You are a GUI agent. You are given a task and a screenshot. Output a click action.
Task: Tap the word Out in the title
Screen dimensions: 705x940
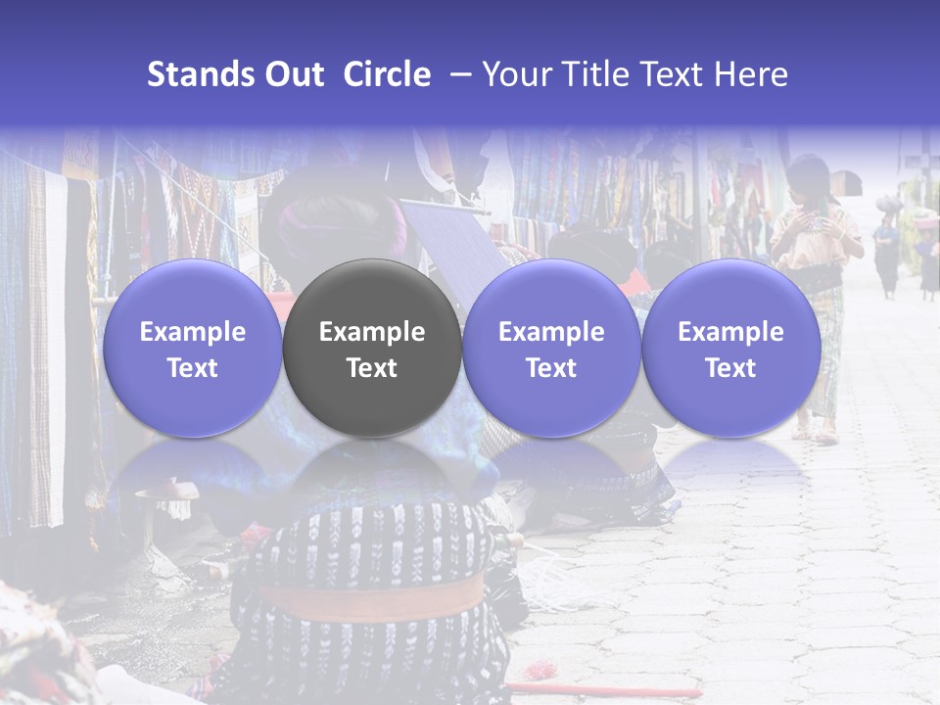point(294,74)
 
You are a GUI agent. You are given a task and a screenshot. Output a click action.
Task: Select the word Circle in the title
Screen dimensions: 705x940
point(387,74)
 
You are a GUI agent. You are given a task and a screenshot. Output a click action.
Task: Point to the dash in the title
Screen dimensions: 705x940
point(456,74)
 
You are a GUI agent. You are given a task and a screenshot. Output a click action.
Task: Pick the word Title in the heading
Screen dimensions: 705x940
point(593,74)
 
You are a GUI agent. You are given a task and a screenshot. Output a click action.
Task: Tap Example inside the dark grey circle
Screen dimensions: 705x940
point(372,332)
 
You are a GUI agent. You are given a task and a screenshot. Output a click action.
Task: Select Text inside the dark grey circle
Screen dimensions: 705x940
point(372,368)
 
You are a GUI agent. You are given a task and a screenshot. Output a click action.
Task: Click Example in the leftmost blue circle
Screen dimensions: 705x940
point(193,332)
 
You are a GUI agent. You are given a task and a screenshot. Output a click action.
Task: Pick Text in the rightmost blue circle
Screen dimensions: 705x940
point(730,368)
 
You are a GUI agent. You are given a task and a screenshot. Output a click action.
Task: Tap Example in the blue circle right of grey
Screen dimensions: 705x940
point(551,332)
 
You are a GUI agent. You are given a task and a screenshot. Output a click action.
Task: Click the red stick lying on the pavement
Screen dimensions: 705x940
point(607,689)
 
